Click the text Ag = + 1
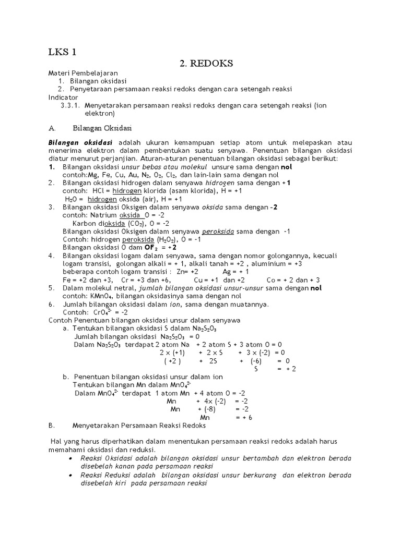coord(235,272)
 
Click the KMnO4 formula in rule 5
coord(100,296)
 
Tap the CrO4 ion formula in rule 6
coord(105,312)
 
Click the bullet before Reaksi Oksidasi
coord(70,458)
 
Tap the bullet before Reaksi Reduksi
coord(70,475)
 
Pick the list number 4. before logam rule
coord(52,256)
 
